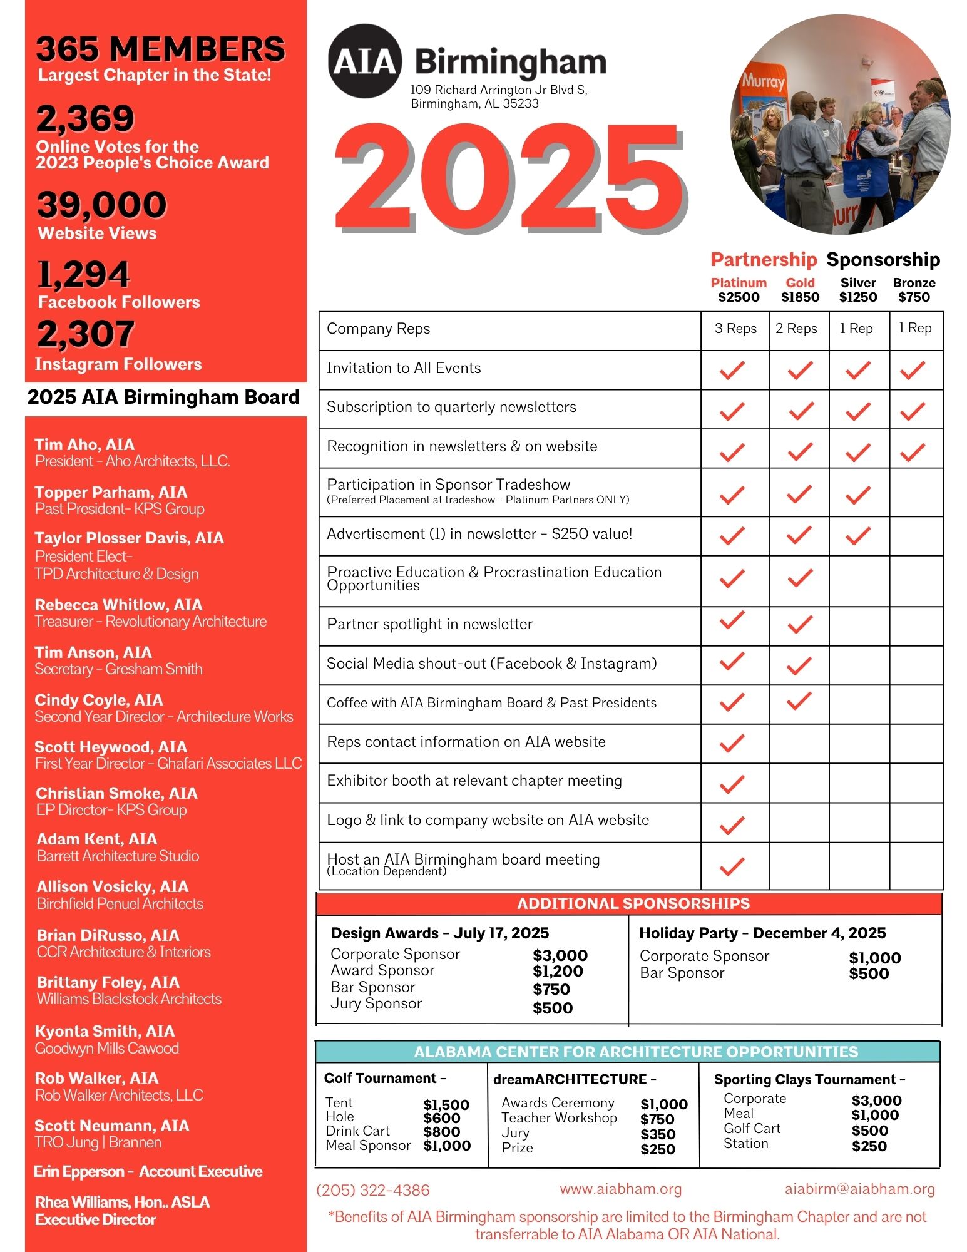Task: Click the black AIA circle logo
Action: click(x=364, y=61)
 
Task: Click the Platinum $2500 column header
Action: click(x=739, y=290)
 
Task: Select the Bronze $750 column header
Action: click(x=914, y=290)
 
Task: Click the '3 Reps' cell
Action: click(x=735, y=329)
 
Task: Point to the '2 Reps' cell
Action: click(x=796, y=329)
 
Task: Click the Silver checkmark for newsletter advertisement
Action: click(x=857, y=535)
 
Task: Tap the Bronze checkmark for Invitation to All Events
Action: click(x=913, y=371)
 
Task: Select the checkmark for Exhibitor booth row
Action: click(x=732, y=783)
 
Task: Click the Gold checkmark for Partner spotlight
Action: click(x=799, y=624)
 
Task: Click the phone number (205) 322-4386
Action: click(x=373, y=1190)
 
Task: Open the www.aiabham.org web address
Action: click(x=621, y=1189)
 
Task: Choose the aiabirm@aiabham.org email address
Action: click(x=859, y=1189)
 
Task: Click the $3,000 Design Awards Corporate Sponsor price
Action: click(x=560, y=955)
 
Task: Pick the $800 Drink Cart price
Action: click(x=442, y=1132)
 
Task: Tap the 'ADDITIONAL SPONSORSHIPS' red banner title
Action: click(x=633, y=903)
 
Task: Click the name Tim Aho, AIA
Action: click(x=84, y=444)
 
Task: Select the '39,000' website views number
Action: click(x=102, y=205)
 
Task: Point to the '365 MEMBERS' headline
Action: click(x=160, y=49)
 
